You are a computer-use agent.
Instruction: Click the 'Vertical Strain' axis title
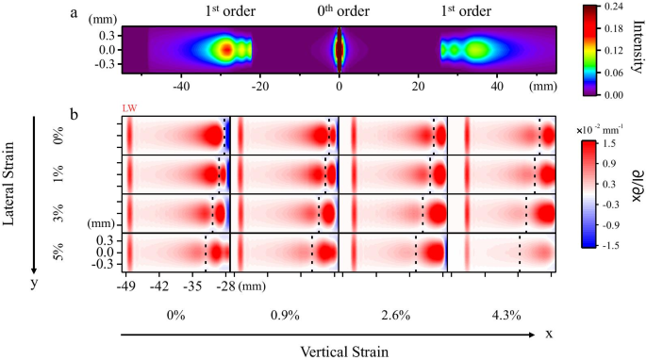(340, 350)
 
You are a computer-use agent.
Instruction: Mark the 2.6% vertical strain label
(394, 315)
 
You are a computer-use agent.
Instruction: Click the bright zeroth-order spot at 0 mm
(340, 47)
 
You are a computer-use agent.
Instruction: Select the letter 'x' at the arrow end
(547, 333)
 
